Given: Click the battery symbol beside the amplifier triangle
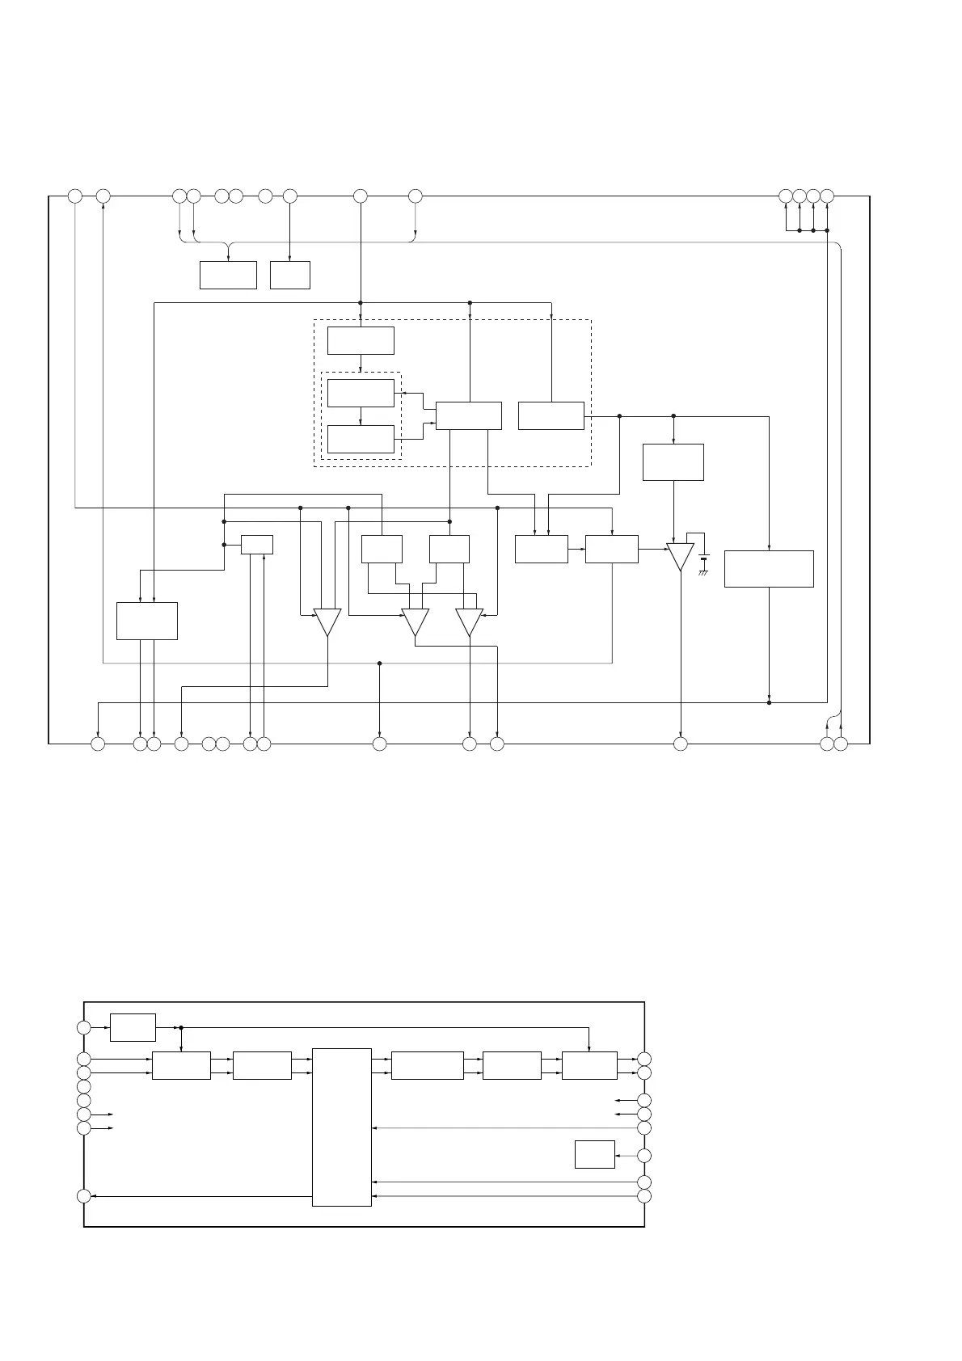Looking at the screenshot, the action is coord(704,558).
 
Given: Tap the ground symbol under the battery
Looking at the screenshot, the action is coord(704,572).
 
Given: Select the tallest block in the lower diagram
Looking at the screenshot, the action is coord(341,1127).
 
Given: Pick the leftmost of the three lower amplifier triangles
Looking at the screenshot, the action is coord(327,622).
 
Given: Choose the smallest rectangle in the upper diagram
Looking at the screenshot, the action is coord(257,545).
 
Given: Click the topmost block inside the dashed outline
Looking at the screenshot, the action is coord(361,340).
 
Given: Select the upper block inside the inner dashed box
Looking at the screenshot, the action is coord(361,393).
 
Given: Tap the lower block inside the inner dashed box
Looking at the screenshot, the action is coord(361,440).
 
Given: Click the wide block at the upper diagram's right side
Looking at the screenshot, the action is coord(769,568).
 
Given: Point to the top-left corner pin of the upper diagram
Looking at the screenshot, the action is coord(74,196).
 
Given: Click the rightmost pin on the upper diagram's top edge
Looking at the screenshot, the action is coord(827,196).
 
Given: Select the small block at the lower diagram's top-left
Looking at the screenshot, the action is coord(133,1027).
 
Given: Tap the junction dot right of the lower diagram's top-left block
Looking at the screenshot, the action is coord(181,1027).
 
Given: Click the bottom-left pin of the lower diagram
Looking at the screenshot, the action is coord(83,1196).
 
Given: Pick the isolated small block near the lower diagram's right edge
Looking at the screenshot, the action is coord(594,1154).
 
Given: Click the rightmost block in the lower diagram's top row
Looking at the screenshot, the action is coord(589,1065).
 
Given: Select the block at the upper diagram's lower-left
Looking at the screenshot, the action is coord(147,621).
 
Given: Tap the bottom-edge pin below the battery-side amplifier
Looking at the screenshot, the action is coord(681,743).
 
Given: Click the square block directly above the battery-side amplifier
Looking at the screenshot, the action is coord(673,462).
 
